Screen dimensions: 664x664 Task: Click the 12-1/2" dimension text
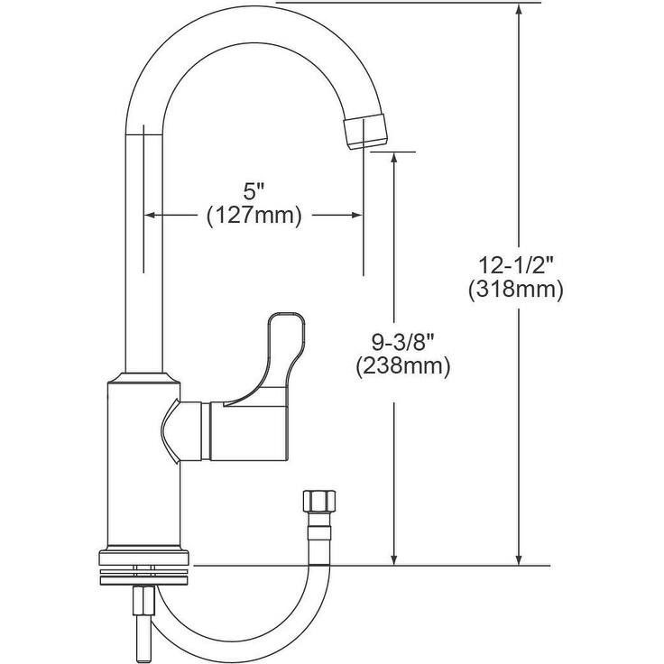[x=516, y=265]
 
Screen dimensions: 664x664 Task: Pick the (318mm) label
[x=516, y=290]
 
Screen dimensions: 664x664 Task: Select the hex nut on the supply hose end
[x=318, y=502]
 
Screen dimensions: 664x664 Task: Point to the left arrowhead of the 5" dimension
[x=152, y=215]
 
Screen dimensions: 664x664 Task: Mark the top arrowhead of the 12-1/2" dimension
[x=519, y=11]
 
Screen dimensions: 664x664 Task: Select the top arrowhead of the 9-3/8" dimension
[x=394, y=159]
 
